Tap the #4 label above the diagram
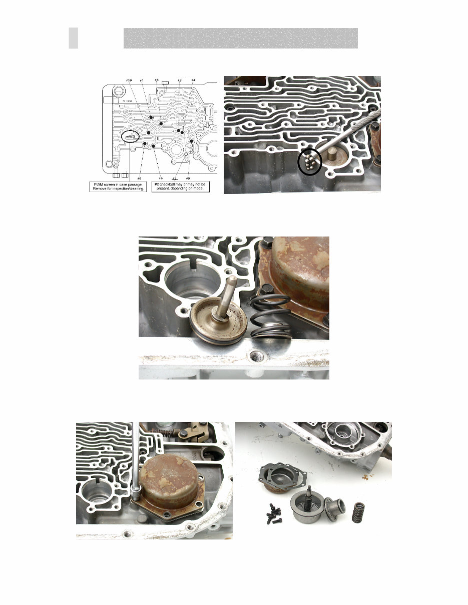[x=193, y=80]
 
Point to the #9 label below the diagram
[x=188, y=178]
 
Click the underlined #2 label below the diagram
[x=175, y=178]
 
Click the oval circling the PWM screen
[x=130, y=135]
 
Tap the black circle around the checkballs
[x=309, y=162]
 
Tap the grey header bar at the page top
[x=240, y=38]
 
